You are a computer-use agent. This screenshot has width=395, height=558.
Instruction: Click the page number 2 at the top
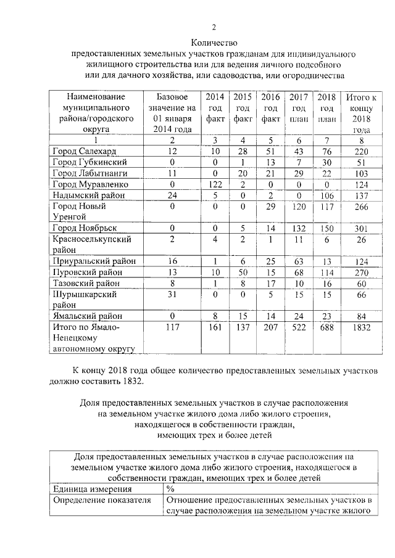(x=214, y=27)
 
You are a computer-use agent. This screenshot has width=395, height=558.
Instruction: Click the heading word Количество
(x=214, y=43)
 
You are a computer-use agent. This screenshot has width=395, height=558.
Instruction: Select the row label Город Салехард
(x=83, y=151)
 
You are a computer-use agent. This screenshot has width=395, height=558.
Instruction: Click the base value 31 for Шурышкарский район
(x=172, y=294)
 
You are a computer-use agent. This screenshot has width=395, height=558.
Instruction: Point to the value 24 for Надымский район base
(x=172, y=195)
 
